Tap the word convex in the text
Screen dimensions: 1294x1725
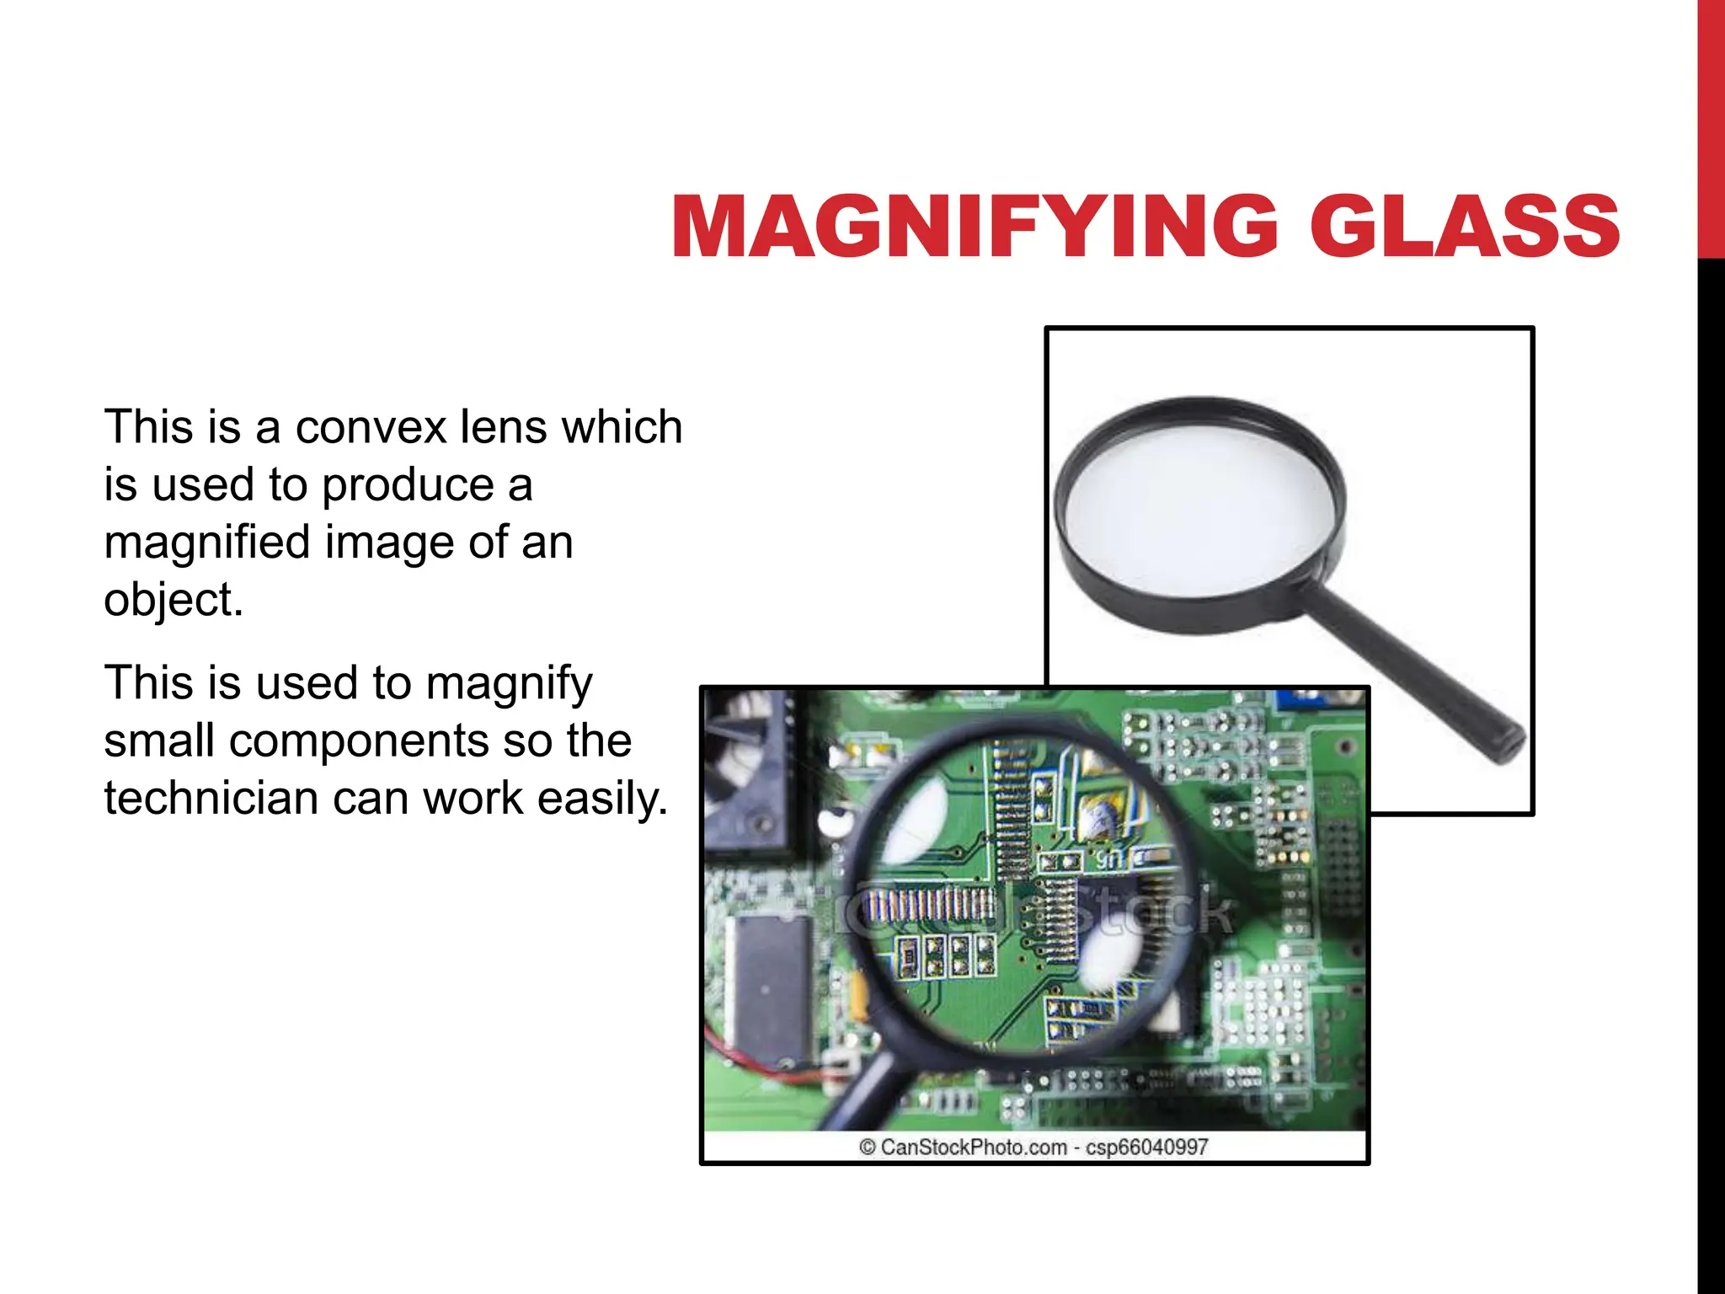pos(371,427)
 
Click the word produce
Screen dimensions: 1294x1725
pos(408,486)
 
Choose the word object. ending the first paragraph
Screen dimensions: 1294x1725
pos(174,600)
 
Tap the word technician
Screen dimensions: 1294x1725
pos(211,798)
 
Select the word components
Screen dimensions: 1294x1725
pos(359,741)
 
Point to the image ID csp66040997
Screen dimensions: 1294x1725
pos(1147,1147)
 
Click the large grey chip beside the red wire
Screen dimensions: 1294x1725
pos(767,986)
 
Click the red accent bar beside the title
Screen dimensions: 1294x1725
pos(1711,126)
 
